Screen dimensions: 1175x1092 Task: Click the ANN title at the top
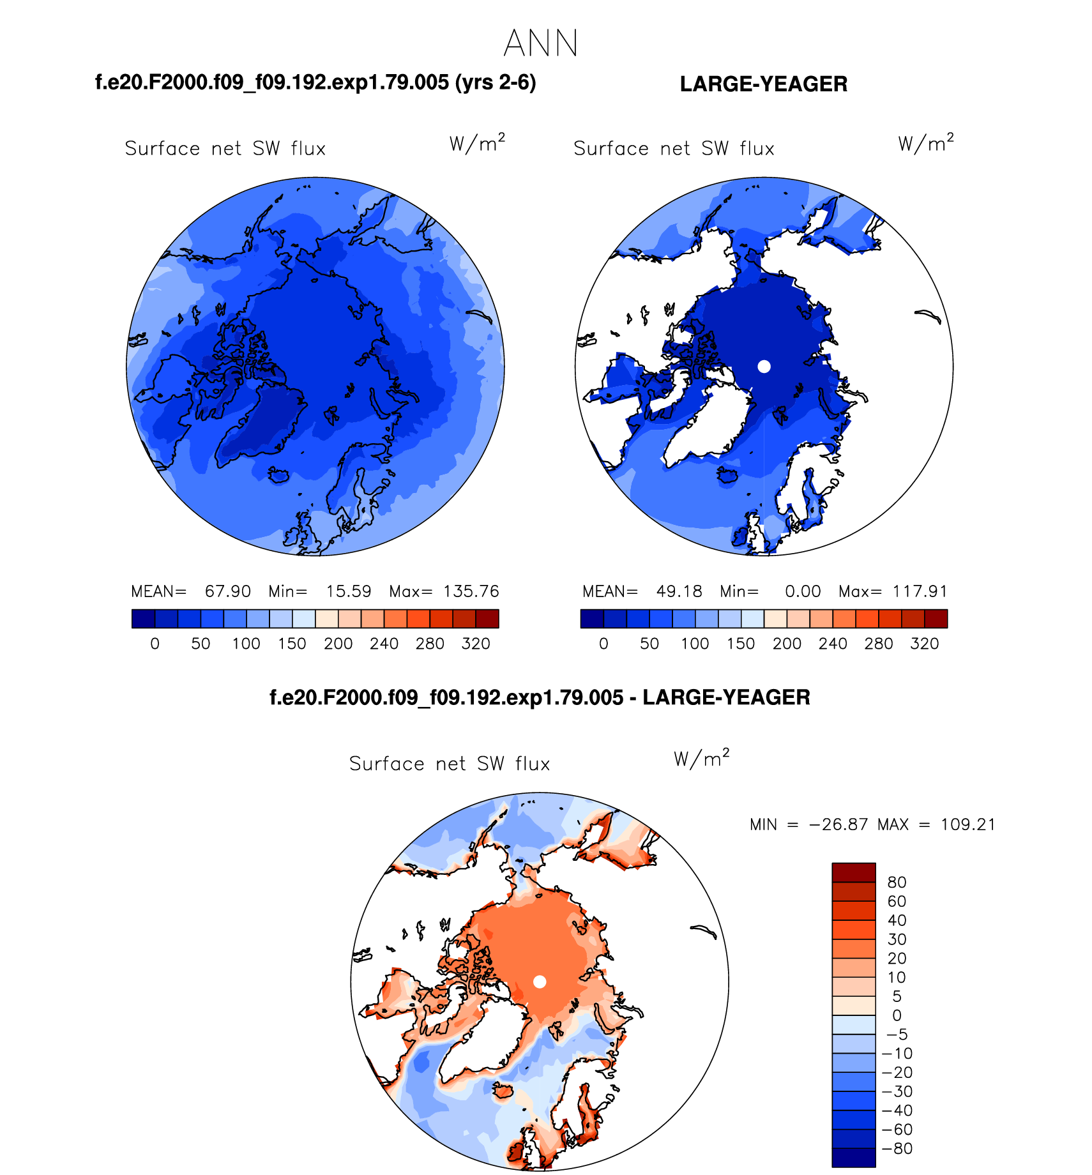540,43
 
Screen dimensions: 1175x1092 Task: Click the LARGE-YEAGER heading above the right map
763,84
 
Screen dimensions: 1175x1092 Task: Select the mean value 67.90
227,591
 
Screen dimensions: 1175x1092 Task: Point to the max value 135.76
471,591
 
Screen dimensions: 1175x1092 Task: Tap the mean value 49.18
679,591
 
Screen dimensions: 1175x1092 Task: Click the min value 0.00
803,591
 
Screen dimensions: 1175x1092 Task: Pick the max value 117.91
920,591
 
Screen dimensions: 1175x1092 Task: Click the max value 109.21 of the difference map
967,824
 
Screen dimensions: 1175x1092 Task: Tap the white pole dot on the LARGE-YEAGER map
764,367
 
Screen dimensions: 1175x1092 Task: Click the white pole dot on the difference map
540,982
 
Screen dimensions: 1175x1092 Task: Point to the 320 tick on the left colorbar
476,644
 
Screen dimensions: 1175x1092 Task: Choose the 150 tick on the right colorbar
741,644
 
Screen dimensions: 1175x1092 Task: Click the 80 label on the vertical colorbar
897,883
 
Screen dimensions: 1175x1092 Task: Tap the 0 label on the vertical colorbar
897,1015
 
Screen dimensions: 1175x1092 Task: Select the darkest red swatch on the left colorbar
487,619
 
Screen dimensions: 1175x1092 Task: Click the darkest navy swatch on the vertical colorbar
853,1158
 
